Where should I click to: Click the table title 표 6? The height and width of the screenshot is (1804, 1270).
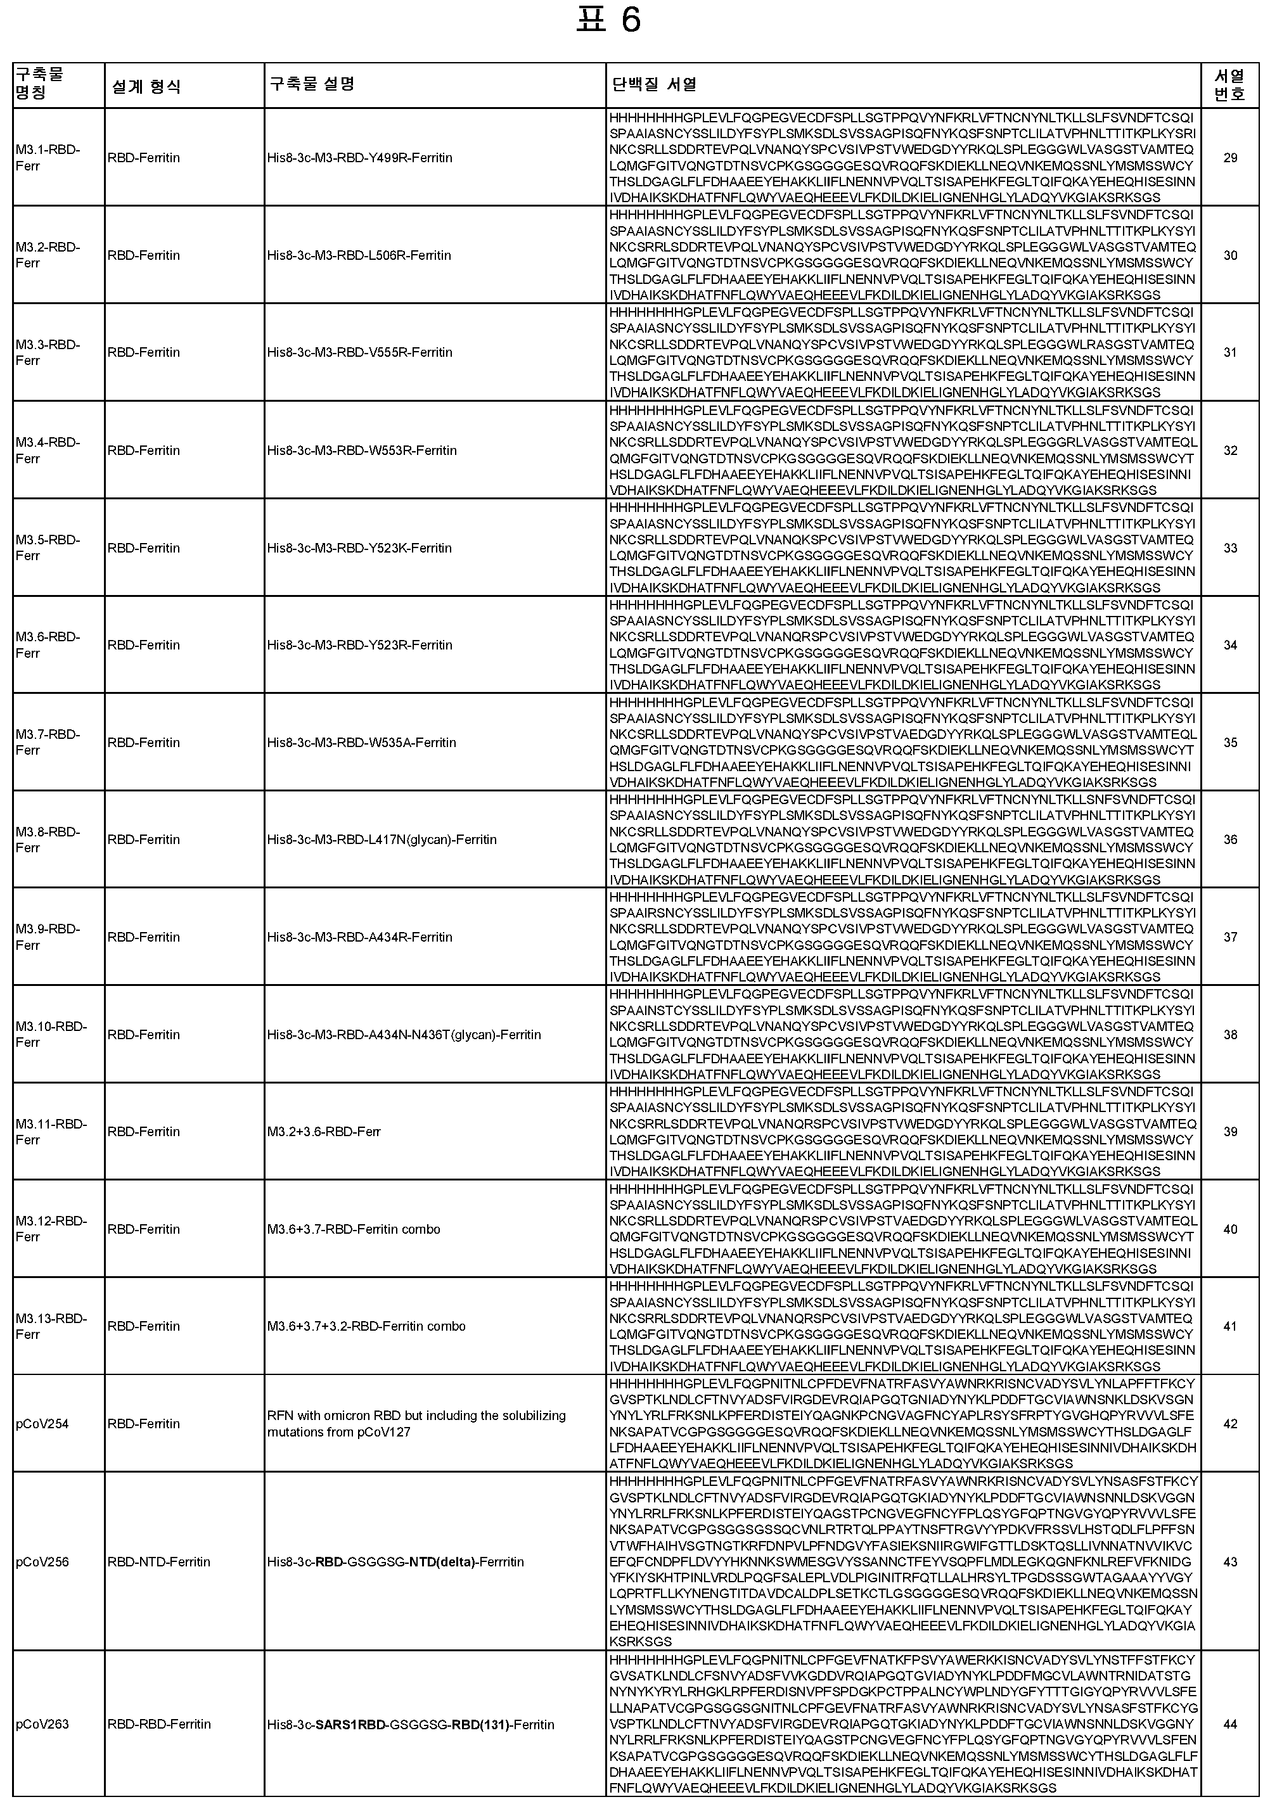click(x=608, y=20)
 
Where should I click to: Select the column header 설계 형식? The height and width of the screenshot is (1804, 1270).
click(x=146, y=86)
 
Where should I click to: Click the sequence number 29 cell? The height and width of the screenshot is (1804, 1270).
click(x=1230, y=158)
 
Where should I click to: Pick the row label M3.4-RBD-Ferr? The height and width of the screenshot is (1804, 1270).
click(x=48, y=451)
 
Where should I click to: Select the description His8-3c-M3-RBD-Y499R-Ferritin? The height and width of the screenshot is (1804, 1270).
click(x=359, y=158)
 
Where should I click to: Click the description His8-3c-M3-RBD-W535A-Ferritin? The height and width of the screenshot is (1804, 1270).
click(x=361, y=743)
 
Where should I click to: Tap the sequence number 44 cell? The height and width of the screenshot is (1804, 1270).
click(x=1230, y=1724)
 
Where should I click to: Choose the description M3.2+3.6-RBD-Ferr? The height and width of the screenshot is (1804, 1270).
click(x=324, y=1132)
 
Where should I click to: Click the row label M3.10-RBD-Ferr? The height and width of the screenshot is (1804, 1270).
click(x=51, y=1034)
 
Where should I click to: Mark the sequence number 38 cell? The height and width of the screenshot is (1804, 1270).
click(x=1230, y=1035)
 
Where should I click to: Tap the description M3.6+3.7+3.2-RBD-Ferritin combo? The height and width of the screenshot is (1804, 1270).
click(x=366, y=1326)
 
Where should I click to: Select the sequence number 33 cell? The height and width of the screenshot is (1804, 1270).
click(x=1230, y=547)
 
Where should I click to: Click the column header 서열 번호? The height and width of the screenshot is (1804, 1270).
click(x=1230, y=85)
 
